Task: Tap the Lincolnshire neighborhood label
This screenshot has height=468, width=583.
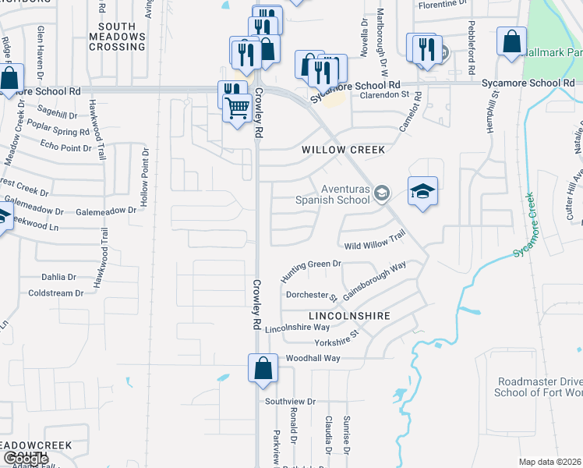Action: tap(348, 316)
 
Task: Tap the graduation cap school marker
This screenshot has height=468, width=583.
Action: tap(422, 192)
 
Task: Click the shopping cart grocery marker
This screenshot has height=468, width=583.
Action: tap(237, 108)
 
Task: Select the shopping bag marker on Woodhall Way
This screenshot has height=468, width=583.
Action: tap(263, 368)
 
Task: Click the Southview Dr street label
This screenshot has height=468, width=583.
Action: tap(289, 402)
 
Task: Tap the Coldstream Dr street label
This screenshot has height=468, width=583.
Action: tap(55, 293)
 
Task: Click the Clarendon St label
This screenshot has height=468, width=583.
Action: tap(384, 95)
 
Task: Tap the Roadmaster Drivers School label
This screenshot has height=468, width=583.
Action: tap(539, 387)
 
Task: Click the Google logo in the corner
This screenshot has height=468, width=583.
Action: tap(26, 459)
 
